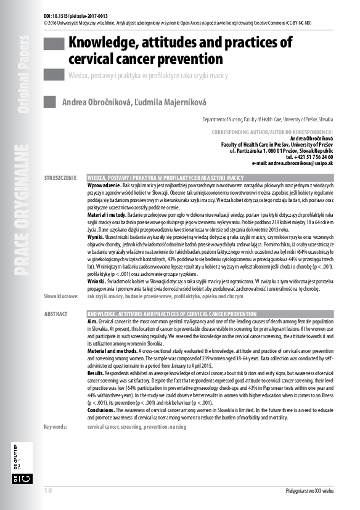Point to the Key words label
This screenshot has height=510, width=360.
pyautogui.click(x=58, y=426)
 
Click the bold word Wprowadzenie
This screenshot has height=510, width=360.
pyautogui.click(x=104, y=185)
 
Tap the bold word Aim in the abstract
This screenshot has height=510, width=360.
pyautogui.click(x=92, y=322)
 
